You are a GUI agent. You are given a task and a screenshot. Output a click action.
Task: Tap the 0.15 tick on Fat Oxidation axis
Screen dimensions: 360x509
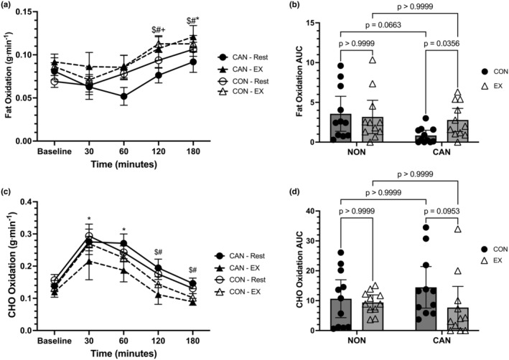click(x=31, y=11)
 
